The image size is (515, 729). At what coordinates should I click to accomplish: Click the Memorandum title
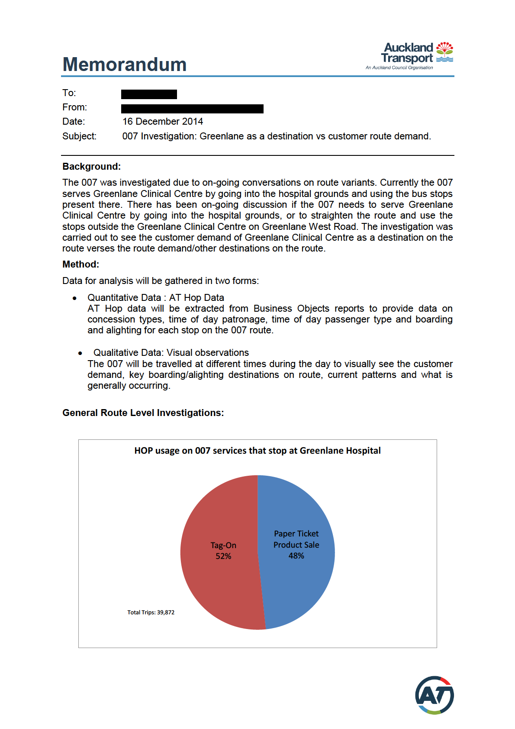(x=125, y=65)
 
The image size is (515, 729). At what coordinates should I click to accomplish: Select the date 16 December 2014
(x=163, y=122)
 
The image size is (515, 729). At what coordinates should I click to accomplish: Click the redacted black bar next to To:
(x=149, y=94)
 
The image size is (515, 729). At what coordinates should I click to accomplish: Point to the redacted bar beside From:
(x=192, y=109)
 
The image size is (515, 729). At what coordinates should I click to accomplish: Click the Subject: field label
(x=79, y=136)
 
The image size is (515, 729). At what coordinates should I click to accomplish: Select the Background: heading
(x=91, y=167)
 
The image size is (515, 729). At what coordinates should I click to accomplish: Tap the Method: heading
(x=80, y=265)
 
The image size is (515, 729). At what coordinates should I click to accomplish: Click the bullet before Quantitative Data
(x=75, y=298)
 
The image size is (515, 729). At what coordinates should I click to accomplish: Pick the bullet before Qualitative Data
(x=80, y=353)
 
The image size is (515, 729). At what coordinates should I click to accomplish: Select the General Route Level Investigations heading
(x=143, y=413)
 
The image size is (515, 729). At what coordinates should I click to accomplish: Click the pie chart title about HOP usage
(x=257, y=451)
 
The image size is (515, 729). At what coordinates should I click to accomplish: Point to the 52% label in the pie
(x=223, y=556)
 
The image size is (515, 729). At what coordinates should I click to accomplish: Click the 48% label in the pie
(x=296, y=556)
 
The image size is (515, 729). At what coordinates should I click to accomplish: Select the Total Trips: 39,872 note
(x=151, y=613)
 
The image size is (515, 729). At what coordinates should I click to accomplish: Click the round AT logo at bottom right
(x=434, y=695)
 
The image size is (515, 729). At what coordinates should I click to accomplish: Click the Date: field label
(x=74, y=122)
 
